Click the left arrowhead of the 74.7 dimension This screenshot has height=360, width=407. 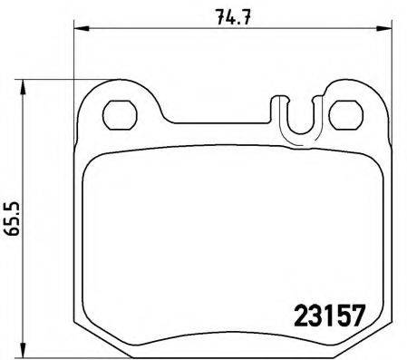click(x=77, y=30)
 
